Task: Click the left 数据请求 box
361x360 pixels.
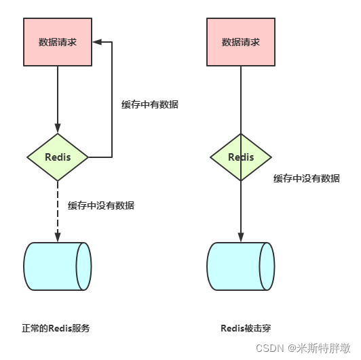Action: tap(58, 42)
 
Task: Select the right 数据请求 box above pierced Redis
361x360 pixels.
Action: tap(240, 42)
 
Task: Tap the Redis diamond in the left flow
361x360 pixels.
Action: tap(58, 157)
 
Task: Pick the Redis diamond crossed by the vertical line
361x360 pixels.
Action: tap(240, 157)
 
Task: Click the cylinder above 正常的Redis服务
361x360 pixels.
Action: tap(58, 266)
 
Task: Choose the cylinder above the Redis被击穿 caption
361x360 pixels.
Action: tap(240, 266)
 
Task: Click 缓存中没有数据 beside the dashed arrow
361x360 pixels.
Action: tap(101, 205)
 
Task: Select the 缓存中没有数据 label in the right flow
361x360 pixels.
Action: tap(307, 178)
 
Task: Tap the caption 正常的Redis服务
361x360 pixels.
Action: tap(56, 328)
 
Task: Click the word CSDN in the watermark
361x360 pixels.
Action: tap(272, 348)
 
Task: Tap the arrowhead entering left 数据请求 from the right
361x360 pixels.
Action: tap(96, 42)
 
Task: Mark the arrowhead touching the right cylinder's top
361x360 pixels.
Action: tap(240, 237)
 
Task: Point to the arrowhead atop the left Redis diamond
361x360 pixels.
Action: tap(58, 128)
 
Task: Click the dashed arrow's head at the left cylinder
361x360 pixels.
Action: tap(58, 237)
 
